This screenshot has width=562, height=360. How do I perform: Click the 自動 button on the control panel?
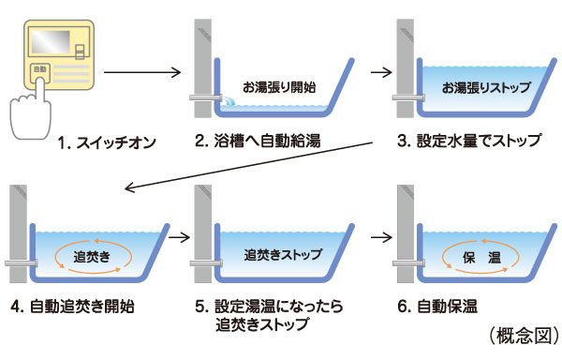pos(38,69)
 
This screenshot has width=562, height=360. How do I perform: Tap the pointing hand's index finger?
pos(38,90)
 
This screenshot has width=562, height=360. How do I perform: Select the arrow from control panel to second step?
pos(140,70)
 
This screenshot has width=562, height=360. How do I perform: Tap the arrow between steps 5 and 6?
pos(378,236)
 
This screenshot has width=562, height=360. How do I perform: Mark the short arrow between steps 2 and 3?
pos(379,70)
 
